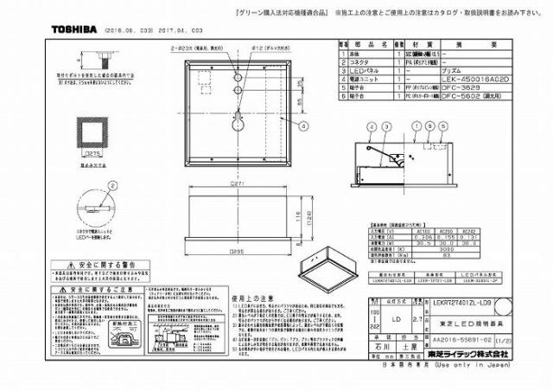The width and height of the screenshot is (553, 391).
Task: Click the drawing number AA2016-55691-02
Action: [457, 340]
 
